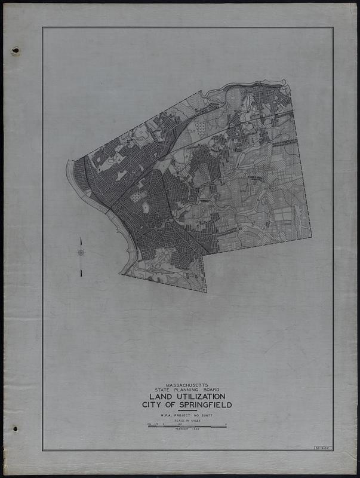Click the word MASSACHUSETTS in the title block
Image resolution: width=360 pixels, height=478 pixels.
187,385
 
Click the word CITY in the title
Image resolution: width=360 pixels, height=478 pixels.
153,405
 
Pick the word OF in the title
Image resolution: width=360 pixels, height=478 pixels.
174,405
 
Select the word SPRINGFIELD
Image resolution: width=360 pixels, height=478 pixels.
207,405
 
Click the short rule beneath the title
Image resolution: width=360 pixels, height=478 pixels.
187,410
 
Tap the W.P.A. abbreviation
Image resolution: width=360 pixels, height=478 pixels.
161,415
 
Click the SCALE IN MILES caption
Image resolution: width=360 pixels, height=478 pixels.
187,421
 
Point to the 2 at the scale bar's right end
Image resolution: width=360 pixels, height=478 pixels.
226,424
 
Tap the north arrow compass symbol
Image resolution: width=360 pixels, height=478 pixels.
81,253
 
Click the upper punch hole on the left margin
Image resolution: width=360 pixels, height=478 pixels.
15,51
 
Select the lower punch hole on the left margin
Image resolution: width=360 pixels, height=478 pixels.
15,429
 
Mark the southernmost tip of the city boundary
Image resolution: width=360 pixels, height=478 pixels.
206,292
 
